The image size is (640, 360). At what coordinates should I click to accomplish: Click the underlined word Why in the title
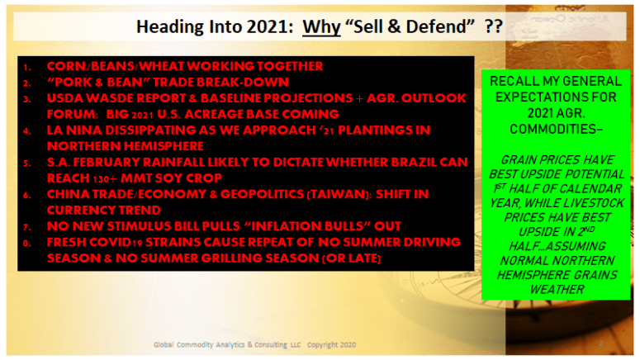coord(321,27)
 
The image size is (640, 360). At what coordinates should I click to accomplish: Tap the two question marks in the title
coord(493,26)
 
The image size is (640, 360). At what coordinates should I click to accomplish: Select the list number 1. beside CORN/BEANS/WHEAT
coord(27,67)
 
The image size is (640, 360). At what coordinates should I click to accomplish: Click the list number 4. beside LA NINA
coord(27,131)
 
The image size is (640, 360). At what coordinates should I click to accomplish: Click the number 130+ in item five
coord(102,178)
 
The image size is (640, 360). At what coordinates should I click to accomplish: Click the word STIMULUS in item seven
coord(140,226)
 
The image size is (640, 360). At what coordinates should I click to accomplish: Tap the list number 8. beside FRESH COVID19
coord(27,244)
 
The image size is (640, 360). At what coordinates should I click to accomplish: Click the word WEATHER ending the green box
coord(557,289)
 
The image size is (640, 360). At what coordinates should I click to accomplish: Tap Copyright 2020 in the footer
coord(331,345)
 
